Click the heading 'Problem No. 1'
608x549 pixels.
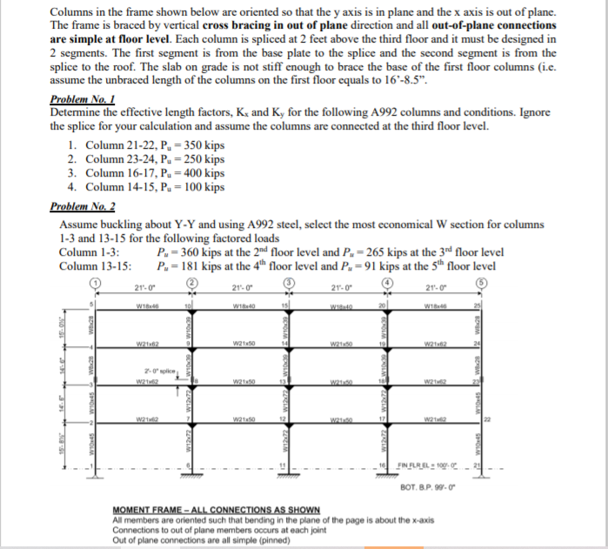point(83,100)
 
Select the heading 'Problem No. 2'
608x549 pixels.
point(83,206)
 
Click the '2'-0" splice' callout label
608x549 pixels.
point(156,370)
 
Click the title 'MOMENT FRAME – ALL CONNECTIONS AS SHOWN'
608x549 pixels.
point(217,509)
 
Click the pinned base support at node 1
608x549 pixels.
point(96,473)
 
